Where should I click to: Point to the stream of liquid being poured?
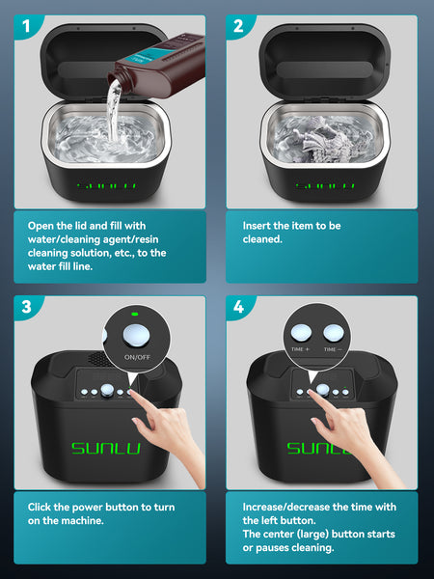pos(114,111)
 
